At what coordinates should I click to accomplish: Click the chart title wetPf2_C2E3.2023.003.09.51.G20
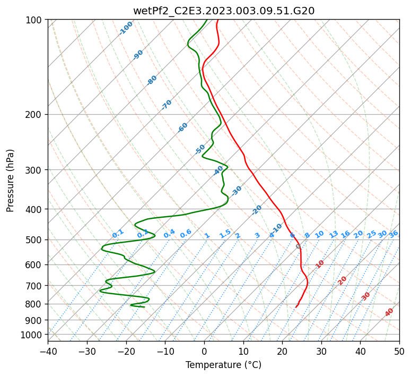point(223,10)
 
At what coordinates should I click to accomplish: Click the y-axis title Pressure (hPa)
point(11,180)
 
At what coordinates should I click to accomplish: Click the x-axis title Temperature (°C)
point(223,365)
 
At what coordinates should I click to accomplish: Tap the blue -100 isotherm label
point(126,28)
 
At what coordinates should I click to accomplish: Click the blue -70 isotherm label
point(167,105)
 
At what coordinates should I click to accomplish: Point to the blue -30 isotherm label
point(237,191)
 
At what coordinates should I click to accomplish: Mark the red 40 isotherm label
point(389,312)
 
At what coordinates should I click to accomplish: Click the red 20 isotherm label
point(343,280)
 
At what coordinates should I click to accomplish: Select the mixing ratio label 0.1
point(118,234)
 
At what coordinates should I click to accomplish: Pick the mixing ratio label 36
point(393,234)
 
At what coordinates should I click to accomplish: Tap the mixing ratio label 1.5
point(225,234)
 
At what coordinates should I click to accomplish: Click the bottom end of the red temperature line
point(295,307)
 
